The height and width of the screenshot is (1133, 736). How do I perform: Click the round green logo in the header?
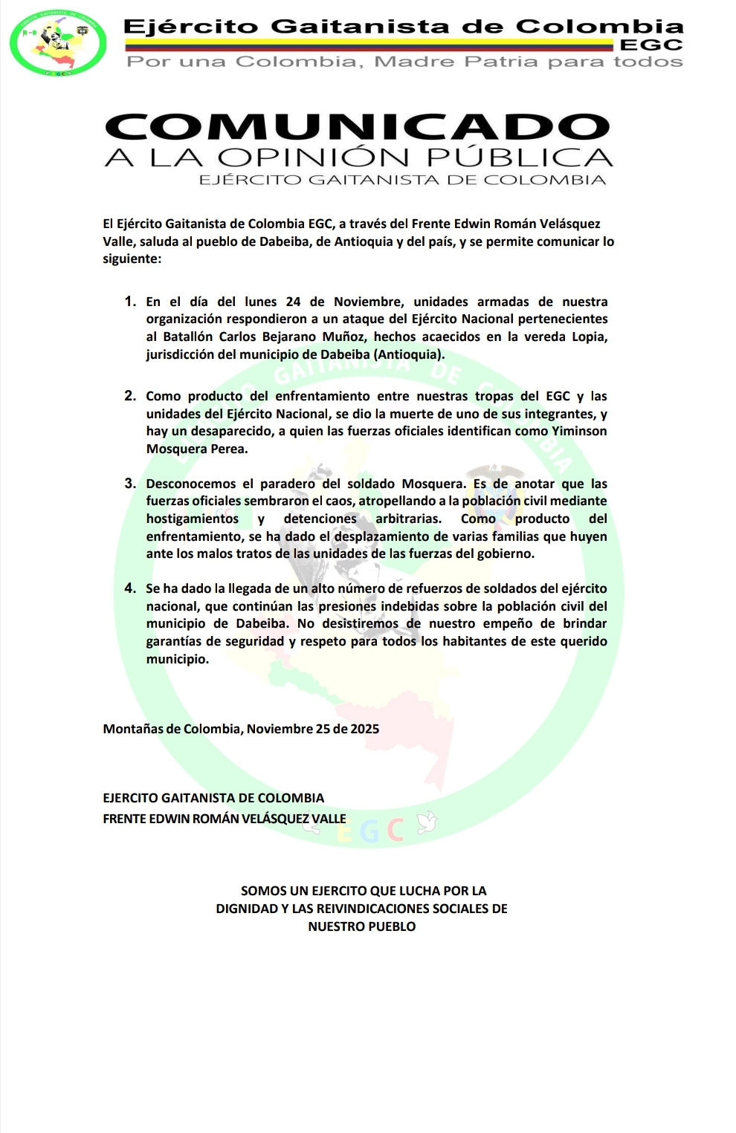pyautogui.click(x=57, y=43)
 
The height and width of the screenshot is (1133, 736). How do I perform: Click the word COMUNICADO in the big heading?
pyautogui.click(x=358, y=127)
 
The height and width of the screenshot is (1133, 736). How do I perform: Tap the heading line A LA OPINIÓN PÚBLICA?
pyautogui.click(x=358, y=158)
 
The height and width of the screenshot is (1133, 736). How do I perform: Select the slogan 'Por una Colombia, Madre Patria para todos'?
pyautogui.click(x=404, y=62)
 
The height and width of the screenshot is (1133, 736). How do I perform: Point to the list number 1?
pyautogui.click(x=130, y=302)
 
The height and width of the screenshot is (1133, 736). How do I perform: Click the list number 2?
pyautogui.click(x=130, y=396)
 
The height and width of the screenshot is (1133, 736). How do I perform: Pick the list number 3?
pyautogui.click(x=130, y=484)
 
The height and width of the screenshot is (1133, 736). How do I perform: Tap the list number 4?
pyautogui.click(x=130, y=588)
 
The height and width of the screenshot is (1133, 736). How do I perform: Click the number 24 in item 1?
pyautogui.click(x=293, y=302)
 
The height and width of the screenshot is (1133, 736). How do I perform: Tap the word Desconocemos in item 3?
pyautogui.click(x=191, y=484)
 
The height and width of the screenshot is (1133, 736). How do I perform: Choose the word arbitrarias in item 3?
pyautogui.click(x=407, y=519)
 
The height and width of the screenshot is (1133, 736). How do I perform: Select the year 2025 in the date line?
pyautogui.click(x=364, y=729)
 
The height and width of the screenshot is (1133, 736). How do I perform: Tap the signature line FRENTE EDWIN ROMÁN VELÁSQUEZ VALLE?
pyautogui.click(x=225, y=819)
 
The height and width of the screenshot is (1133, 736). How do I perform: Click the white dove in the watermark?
pyautogui.click(x=427, y=822)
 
